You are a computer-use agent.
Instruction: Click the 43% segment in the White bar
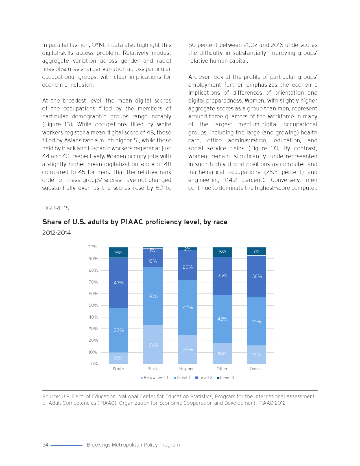point(118,283)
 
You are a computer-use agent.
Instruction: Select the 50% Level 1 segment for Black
point(153,296)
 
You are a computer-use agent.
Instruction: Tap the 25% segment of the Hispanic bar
point(187,349)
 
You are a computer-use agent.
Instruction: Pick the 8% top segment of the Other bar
point(222,252)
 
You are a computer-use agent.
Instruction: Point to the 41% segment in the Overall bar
point(256,321)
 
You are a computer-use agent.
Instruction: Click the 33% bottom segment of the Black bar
point(153,345)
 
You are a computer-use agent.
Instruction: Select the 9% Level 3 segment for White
point(118,252)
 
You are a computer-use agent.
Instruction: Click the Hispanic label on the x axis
point(187,369)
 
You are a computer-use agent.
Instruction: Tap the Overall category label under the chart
point(256,369)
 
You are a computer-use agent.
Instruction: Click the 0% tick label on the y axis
point(94,364)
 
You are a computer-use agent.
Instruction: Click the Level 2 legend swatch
point(197,378)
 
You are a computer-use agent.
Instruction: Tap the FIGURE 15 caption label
point(56,208)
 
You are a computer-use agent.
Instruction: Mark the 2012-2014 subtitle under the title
point(56,233)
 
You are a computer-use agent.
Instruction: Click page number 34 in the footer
point(45,445)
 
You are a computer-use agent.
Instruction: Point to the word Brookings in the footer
point(99,445)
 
